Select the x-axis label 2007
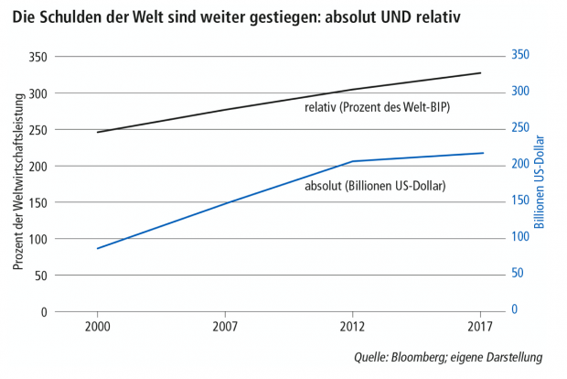pyautogui.click(x=225, y=326)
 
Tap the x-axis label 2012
pyautogui.click(x=352, y=326)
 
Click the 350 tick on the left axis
pyautogui.click(x=37, y=57)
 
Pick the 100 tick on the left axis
pyautogui.click(x=37, y=239)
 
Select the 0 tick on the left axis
pyautogui.click(x=43, y=312)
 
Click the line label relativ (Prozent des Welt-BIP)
pyautogui.click(x=378, y=108)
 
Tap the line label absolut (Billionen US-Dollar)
pyautogui.click(x=374, y=186)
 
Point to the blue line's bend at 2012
pyautogui.click(x=352, y=161)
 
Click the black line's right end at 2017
pyautogui.click(x=479, y=73)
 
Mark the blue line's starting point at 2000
pyautogui.click(x=97, y=248)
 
